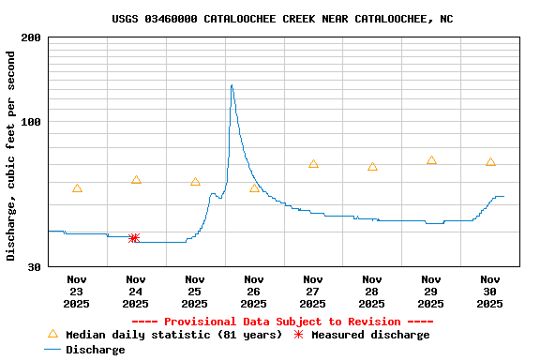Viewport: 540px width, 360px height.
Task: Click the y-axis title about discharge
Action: (11, 156)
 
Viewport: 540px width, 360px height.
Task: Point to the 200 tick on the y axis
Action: (31, 37)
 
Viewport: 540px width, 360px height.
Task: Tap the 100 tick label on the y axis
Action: (31, 122)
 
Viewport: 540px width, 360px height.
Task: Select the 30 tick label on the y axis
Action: (35, 267)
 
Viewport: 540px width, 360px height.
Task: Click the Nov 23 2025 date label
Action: (77, 291)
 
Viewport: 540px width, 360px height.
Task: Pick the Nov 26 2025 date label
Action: (254, 291)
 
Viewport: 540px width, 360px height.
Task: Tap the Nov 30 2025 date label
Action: (490, 291)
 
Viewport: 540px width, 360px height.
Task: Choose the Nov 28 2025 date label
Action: (372, 291)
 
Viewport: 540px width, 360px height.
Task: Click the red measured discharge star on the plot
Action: (134, 238)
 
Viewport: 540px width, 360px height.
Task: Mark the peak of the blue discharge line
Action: (231, 85)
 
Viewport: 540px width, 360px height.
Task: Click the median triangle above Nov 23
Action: (77, 188)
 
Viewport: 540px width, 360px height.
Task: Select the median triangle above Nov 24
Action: (136, 180)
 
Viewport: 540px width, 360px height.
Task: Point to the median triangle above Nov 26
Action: (254, 188)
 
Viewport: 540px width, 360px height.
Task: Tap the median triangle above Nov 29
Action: (431, 160)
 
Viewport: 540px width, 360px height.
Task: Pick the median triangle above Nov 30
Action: (490, 162)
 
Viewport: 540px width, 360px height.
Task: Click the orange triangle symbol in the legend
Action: (52, 334)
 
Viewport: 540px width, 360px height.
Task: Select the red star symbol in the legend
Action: (299, 335)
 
